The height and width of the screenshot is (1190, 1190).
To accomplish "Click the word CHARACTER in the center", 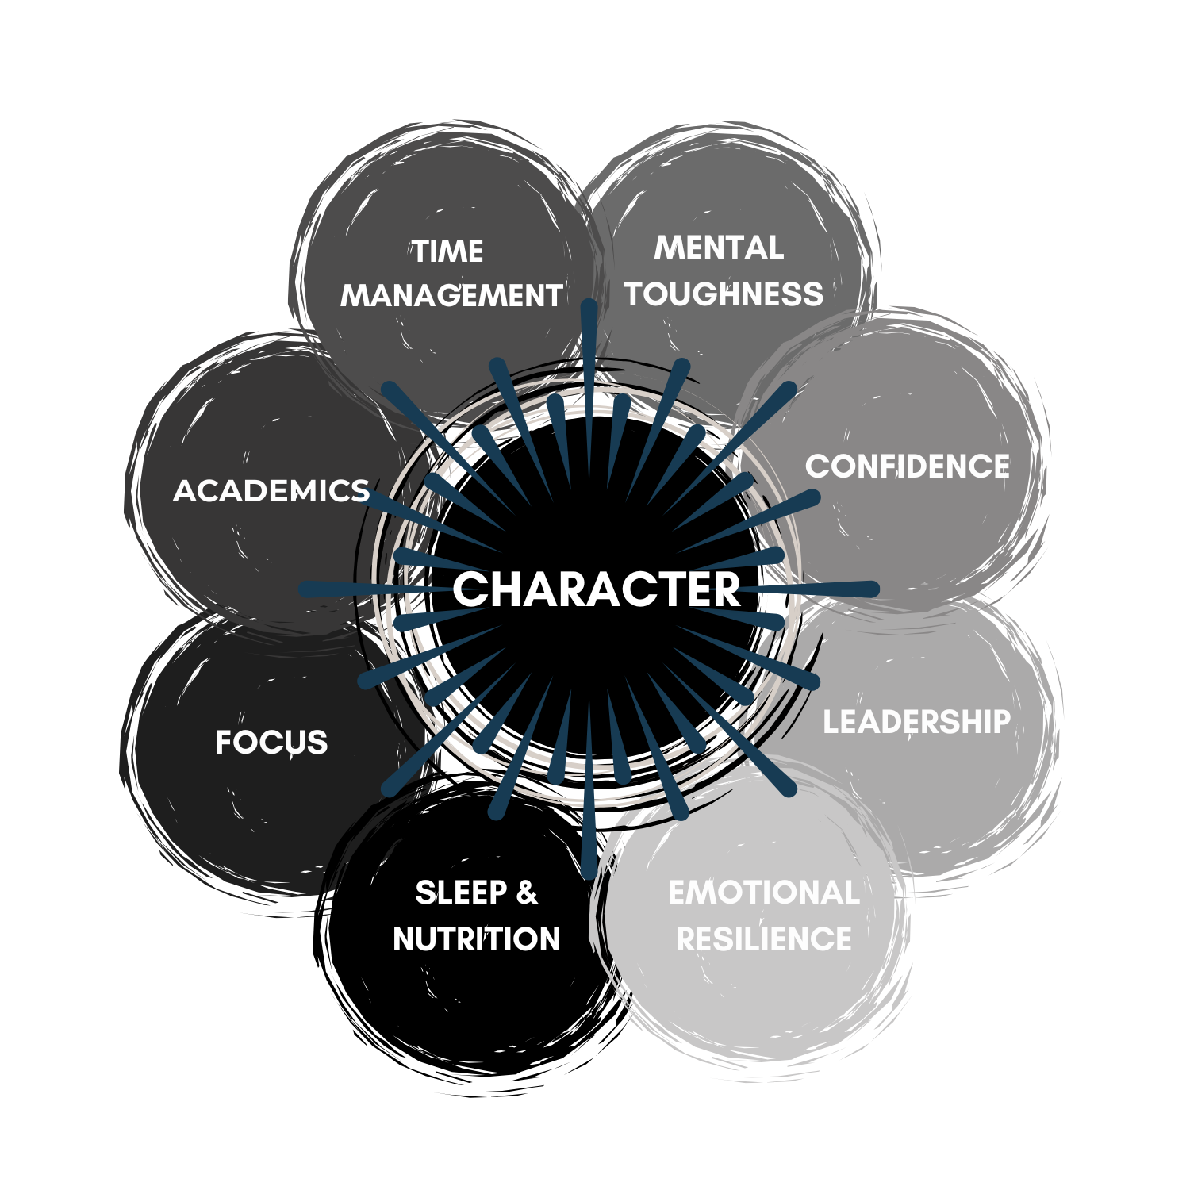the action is [x=596, y=589].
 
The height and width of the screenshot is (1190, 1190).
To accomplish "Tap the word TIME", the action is [x=447, y=251].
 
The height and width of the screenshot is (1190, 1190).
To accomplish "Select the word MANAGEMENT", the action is [x=451, y=296].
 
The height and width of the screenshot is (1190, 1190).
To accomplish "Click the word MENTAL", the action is [x=719, y=248].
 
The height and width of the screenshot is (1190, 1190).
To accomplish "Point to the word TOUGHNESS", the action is [x=724, y=294].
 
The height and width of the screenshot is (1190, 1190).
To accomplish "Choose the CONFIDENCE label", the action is [x=908, y=466].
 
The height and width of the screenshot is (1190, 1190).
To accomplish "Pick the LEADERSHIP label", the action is [x=916, y=722].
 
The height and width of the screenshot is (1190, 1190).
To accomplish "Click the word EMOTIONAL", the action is [x=764, y=892].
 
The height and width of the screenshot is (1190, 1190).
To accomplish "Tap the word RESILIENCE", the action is [x=764, y=939].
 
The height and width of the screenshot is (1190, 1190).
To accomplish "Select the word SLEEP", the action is [x=461, y=892].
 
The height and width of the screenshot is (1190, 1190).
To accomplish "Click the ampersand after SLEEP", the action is [x=527, y=892].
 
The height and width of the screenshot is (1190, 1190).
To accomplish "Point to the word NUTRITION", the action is [x=477, y=939].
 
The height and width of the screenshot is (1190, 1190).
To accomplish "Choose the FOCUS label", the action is [x=271, y=743].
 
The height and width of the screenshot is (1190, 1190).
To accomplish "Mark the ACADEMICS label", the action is [x=271, y=491].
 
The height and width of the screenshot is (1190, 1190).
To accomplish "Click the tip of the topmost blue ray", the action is [x=589, y=305].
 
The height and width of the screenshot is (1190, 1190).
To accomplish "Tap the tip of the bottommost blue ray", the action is [x=588, y=873].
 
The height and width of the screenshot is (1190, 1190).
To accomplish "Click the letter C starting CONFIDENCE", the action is [x=817, y=466].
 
